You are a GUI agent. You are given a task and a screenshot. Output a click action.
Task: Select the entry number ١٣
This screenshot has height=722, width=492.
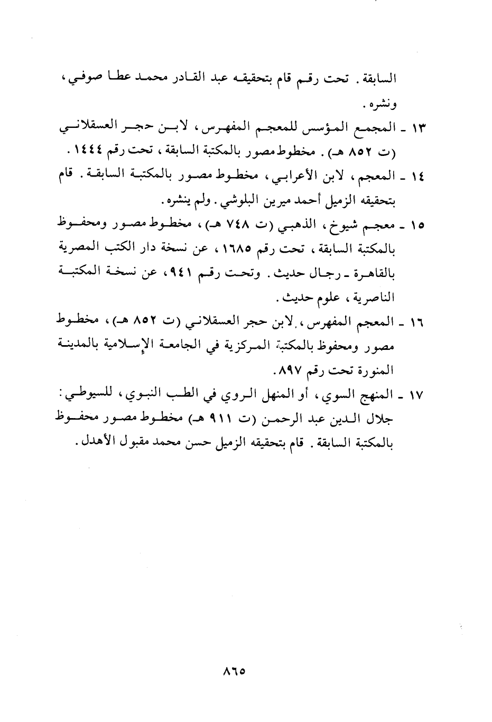420,128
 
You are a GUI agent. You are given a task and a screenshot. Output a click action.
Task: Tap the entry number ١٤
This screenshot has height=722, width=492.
420,177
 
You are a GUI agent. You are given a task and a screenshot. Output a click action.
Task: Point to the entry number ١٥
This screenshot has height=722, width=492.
420,226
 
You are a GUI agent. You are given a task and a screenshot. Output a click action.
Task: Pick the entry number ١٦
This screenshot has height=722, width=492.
420,323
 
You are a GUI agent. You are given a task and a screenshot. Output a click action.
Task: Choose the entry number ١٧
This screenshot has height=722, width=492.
420,395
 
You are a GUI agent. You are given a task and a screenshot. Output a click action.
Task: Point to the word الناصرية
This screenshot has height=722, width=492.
374,298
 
